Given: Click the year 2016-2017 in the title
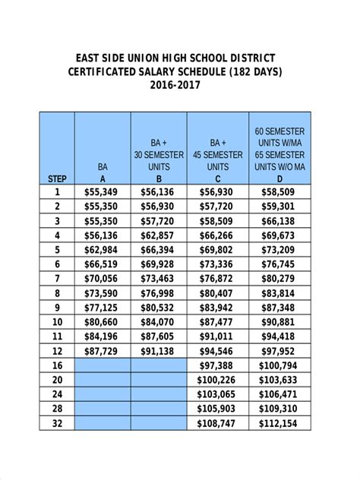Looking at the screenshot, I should tap(180, 86).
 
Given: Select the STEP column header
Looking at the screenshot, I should tap(57, 179).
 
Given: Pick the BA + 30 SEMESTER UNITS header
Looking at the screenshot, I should tap(159, 154).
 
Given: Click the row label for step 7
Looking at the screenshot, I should tap(57, 279).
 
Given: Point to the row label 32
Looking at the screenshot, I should tap(57, 423).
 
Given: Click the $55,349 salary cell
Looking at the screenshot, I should tap(102, 193).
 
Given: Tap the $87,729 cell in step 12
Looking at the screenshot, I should tap(102, 351).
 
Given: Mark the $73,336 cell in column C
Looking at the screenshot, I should tap(218, 264).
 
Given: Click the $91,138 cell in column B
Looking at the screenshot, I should tap(159, 351).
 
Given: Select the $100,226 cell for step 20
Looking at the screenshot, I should tap(218, 380).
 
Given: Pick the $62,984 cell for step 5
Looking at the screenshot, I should tap(102, 250).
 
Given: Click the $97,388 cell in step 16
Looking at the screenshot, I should tap(218, 365).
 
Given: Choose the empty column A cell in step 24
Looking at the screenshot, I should tap(102, 394).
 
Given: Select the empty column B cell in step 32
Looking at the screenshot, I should tap(159, 423).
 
